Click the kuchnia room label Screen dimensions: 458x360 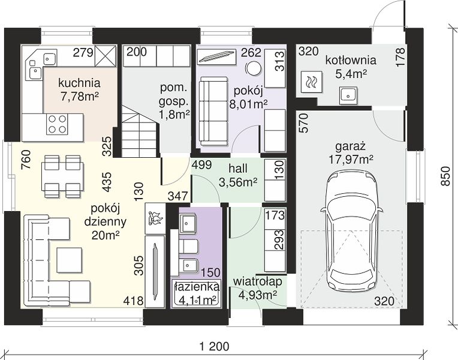[79, 83]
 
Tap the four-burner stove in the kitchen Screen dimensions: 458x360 [57, 124]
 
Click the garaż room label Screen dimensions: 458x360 [351, 146]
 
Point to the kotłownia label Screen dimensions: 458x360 [351, 61]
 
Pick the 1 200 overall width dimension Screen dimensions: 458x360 [214, 347]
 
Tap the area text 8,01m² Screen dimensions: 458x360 [248, 104]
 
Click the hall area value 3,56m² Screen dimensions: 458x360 [238, 182]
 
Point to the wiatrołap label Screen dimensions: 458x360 [258, 281]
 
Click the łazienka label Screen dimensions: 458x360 [196, 287]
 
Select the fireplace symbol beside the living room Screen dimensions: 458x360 [155, 219]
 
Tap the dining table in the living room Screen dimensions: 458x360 [62, 176]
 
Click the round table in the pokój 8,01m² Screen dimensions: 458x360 [253, 68]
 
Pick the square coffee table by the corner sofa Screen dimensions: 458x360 [69, 260]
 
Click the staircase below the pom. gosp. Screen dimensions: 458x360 [140, 131]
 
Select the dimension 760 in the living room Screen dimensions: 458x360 [26, 160]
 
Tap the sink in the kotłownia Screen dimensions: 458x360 [348, 95]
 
